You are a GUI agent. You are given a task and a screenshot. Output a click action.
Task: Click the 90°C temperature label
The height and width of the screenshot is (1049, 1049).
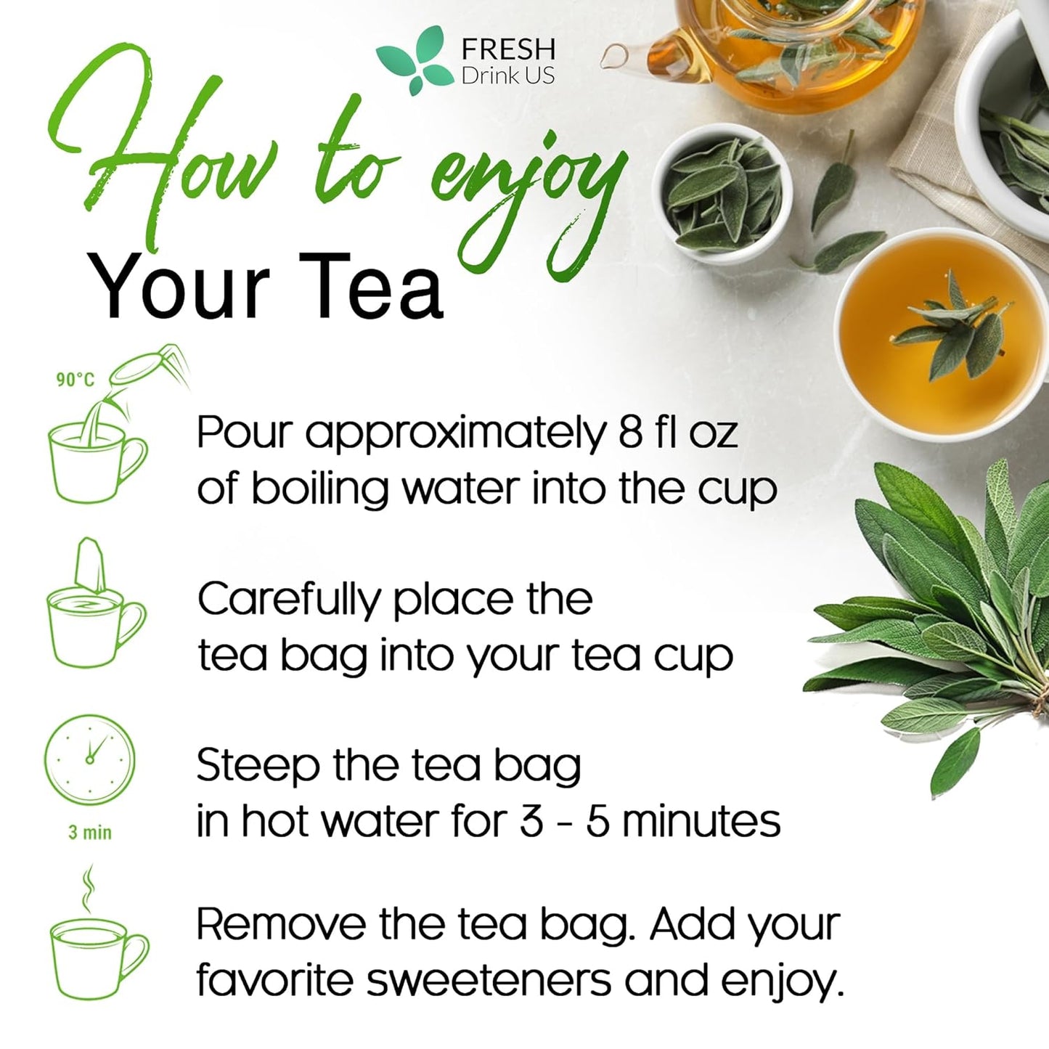pos(75,380)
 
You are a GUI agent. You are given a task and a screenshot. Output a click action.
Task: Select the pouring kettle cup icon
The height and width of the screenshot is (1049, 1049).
pos(102,436)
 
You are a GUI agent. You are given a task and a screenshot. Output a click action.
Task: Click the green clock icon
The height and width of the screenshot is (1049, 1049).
pos(90,759)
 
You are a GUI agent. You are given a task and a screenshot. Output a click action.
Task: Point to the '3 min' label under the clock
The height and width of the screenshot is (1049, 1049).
pos(90,832)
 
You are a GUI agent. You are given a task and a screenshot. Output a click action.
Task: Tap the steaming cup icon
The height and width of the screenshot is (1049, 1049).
pos(98,944)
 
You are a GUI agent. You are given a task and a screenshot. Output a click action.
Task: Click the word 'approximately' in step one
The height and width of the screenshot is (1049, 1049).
pos(454,433)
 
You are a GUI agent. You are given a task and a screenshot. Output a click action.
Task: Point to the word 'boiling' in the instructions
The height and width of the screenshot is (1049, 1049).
pos(319,489)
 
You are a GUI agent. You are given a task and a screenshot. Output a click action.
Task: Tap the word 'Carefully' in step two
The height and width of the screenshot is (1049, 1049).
pos(288,600)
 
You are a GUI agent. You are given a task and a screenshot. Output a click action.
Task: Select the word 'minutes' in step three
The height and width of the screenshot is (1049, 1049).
pos(701,821)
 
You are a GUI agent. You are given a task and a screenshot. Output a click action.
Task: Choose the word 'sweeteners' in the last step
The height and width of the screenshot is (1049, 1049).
pos(489,981)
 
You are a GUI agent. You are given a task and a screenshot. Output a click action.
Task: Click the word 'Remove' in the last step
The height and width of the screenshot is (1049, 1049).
pos(280,925)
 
